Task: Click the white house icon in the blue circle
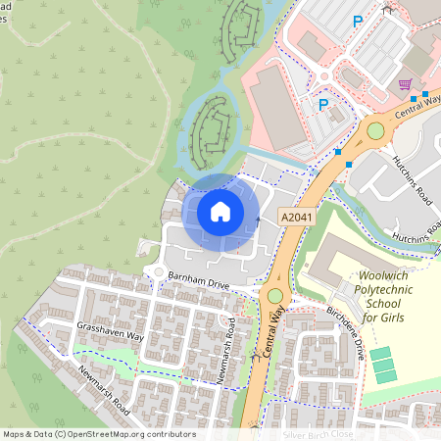(x=220, y=211)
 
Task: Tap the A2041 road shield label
(x=295, y=217)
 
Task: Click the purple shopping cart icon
(x=407, y=85)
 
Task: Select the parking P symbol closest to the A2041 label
(x=322, y=105)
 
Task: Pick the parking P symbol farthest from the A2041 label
(x=358, y=20)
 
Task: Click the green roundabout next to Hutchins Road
(x=375, y=131)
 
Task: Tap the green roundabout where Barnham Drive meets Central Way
(x=275, y=295)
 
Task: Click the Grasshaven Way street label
(x=111, y=330)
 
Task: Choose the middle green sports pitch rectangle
(x=383, y=364)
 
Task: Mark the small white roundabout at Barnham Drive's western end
(x=155, y=271)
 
